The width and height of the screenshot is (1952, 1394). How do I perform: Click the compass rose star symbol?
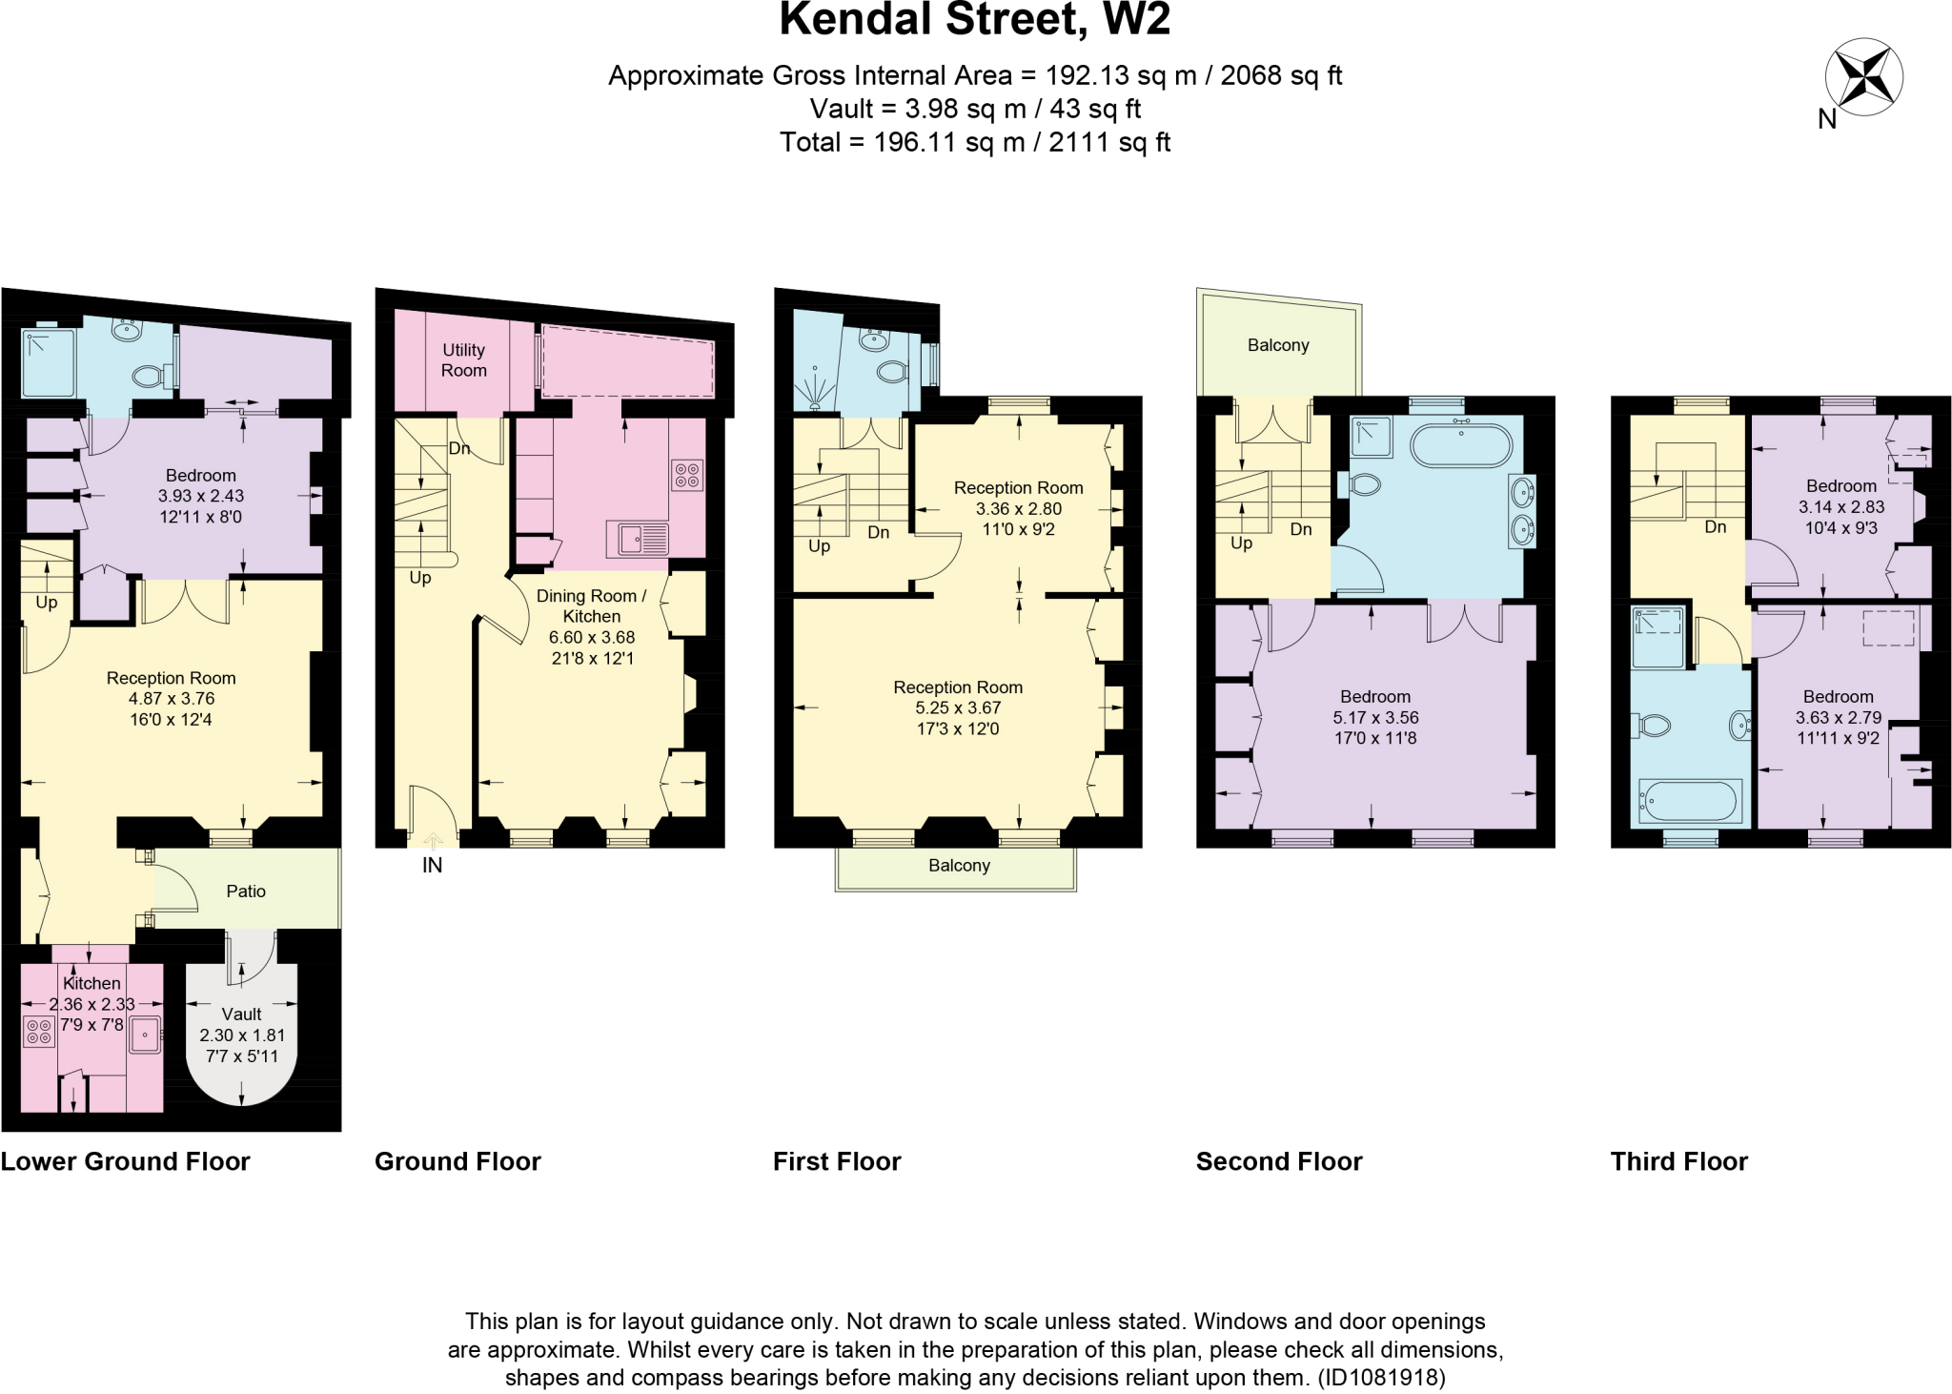coord(1863,77)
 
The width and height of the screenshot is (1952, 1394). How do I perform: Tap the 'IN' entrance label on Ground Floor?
coord(432,865)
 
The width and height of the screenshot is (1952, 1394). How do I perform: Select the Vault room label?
coord(241,1015)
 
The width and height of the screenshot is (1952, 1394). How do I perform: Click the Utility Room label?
coord(463,360)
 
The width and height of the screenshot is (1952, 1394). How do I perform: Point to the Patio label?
coord(246,892)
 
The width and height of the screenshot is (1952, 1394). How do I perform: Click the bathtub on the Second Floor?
coord(1460,444)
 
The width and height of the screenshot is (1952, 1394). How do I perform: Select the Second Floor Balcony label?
coord(1278,345)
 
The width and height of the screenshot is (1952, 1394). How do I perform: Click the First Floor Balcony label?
coord(959,866)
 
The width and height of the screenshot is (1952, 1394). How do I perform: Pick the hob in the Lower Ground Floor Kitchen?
coord(39,1032)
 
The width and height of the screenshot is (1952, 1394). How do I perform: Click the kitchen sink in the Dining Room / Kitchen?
coord(637,540)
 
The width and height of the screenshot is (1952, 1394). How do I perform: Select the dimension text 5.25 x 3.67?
coord(958,708)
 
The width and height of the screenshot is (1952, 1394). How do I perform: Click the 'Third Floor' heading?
coord(1678,1161)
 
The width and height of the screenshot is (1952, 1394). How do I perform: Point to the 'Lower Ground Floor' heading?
coord(125,1161)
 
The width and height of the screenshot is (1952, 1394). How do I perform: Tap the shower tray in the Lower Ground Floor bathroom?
coord(48,363)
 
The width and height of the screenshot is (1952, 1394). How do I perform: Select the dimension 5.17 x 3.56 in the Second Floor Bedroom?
coord(1374,718)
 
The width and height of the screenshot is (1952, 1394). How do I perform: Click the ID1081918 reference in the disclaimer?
coord(1381,1378)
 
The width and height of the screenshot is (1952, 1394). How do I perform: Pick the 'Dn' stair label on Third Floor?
coord(1715,527)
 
